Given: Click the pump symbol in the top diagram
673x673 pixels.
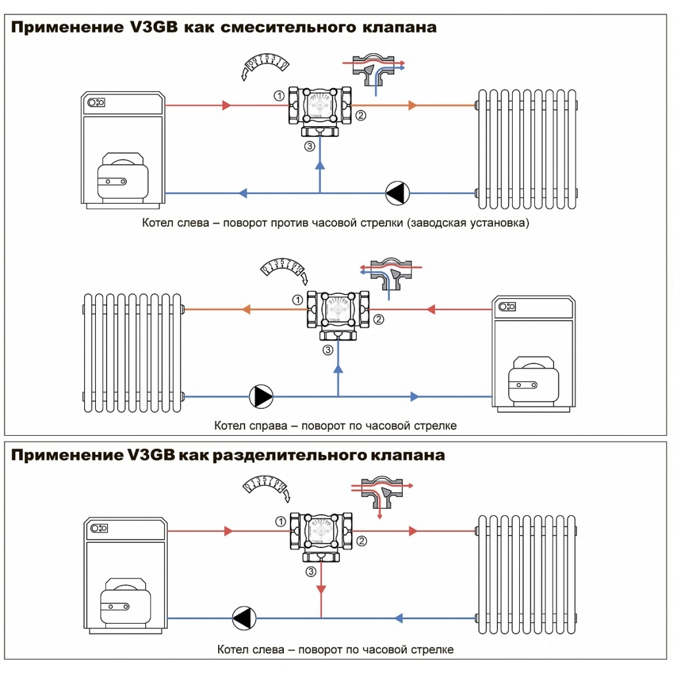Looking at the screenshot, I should (x=398, y=193).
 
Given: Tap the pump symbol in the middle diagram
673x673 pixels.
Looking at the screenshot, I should (x=261, y=396).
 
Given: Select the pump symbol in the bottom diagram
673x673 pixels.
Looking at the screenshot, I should (x=244, y=618).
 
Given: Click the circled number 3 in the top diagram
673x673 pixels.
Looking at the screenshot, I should (x=310, y=146).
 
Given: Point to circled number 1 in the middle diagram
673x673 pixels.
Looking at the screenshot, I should (x=298, y=300).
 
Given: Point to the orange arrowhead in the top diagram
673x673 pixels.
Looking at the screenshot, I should (x=412, y=105).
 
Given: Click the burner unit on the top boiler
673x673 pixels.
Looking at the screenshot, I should (x=121, y=176).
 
